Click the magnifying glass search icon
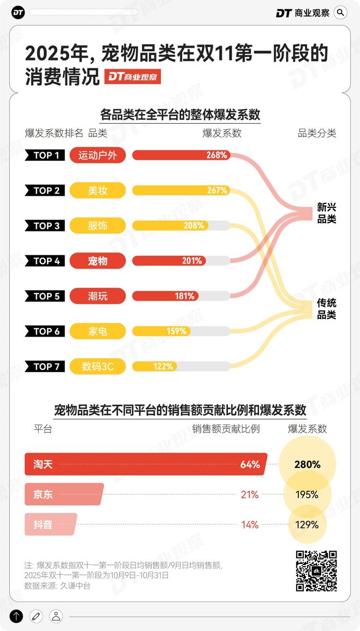(340, 13)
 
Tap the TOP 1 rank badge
(46, 155)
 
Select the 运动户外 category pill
(98, 155)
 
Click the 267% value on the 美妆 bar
(217, 190)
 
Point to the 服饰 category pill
(98, 225)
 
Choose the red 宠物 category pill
(98, 261)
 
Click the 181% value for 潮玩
(184, 296)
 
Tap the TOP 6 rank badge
(46, 331)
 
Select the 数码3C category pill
(98, 366)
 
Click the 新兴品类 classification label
(327, 213)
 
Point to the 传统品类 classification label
(327, 309)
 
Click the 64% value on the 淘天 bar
(250, 465)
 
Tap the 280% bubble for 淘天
(307, 465)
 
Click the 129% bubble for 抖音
(307, 525)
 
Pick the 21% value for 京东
(250, 495)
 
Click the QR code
(316, 570)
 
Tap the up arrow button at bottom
(16, 616)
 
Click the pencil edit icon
(36, 616)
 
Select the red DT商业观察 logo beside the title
(133, 77)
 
